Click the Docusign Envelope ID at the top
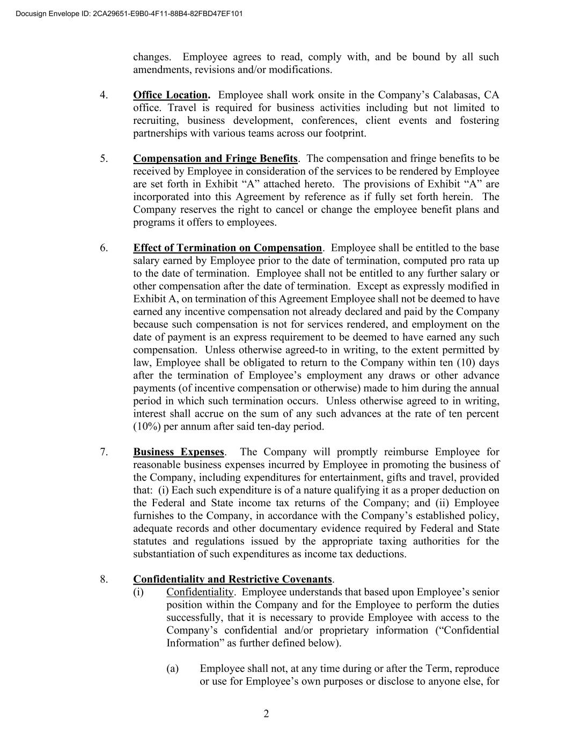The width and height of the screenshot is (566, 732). click(x=129, y=13)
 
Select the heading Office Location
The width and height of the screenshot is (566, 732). click(x=171, y=95)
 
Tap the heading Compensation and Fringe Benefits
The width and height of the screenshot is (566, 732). click(x=215, y=159)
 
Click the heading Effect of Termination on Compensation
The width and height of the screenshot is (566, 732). click(x=227, y=248)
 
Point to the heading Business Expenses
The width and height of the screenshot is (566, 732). click(x=179, y=452)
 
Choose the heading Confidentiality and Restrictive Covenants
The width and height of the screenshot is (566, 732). click(x=233, y=579)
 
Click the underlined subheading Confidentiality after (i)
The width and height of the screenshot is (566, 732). click(x=200, y=592)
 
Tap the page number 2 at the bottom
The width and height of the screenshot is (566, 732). click(x=266, y=713)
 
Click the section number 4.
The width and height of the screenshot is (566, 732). click(x=104, y=95)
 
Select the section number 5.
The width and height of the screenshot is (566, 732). click(x=104, y=159)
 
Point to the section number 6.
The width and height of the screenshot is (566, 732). click(x=104, y=248)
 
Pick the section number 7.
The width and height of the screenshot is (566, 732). click(x=104, y=452)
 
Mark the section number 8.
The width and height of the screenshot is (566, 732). click(x=104, y=579)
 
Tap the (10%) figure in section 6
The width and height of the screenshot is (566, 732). click(x=146, y=427)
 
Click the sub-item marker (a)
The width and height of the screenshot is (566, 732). click(x=172, y=669)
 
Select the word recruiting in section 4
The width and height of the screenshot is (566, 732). click(x=155, y=121)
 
